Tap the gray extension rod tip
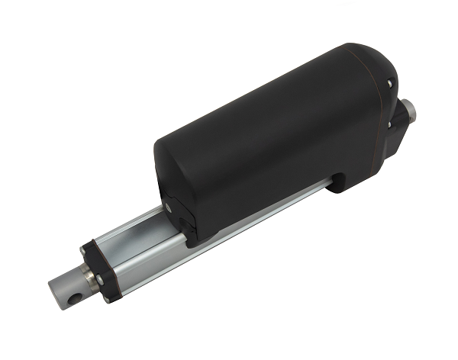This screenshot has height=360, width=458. tap(63, 291)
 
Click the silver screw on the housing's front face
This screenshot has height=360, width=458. tap(166, 207)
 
